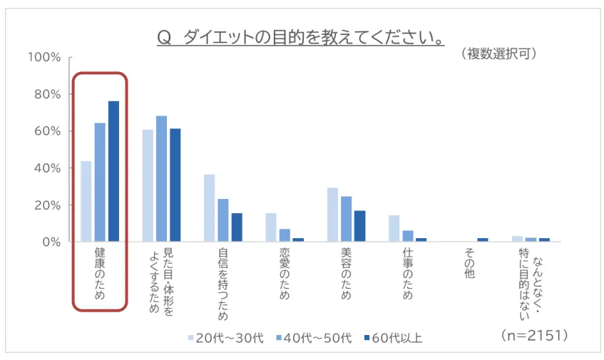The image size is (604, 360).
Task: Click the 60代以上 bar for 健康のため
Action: (x=113, y=171)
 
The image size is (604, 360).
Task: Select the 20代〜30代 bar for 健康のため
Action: (x=86, y=201)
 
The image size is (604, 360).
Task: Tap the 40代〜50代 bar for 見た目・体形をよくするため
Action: (x=162, y=179)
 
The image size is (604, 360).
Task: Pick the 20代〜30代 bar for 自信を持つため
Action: (x=210, y=207)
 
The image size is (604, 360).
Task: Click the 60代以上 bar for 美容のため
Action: (x=359, y=226)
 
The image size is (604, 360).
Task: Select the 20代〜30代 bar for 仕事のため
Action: (x=394, y=228)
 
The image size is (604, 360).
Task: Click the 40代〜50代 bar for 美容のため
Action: (x=347, y=219)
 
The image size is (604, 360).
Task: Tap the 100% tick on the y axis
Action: (x=43, y=57)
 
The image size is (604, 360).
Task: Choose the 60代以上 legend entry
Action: (x=393, y=338)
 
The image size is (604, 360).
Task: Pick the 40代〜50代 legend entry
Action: (x=311, y=338)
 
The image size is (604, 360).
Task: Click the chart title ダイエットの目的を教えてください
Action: (x=300, y=36)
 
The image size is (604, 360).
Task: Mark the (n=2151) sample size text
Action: (x=534, y=334)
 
